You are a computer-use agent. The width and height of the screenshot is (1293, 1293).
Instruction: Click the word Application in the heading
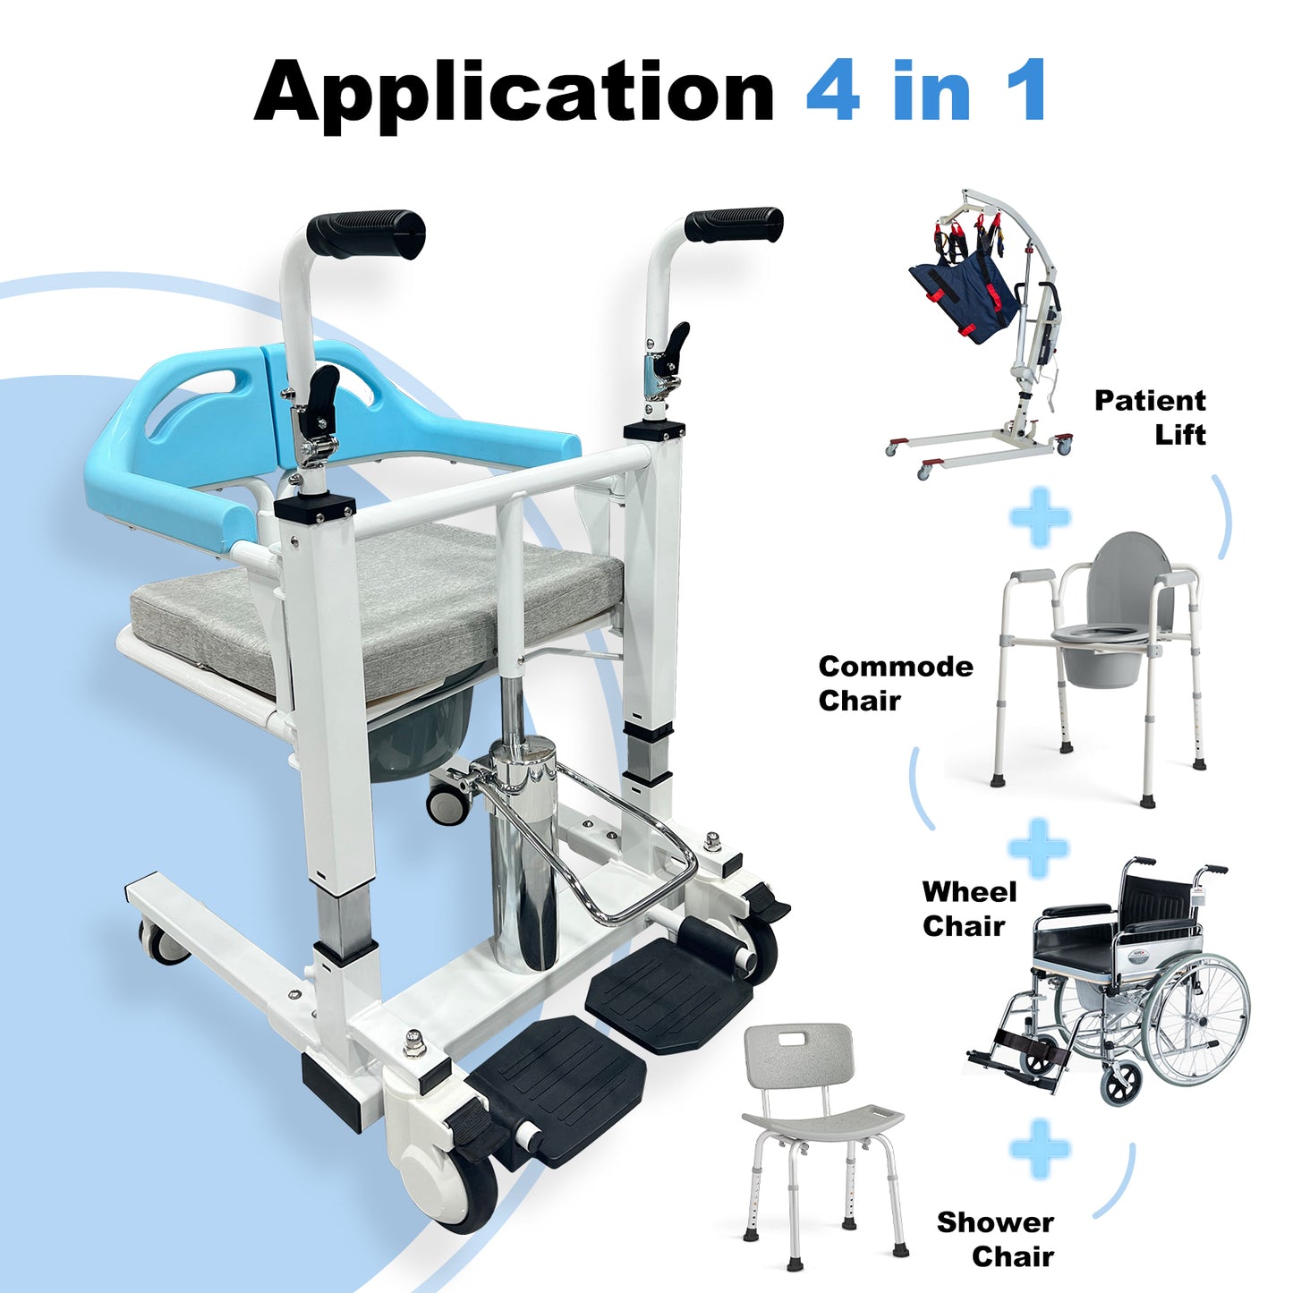click(514, 93)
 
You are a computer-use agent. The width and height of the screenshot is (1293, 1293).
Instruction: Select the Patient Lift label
click(1151, 417)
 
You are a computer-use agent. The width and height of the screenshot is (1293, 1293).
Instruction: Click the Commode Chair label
click(895, 683)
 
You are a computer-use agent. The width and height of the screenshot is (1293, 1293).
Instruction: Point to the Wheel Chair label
click(968, 908)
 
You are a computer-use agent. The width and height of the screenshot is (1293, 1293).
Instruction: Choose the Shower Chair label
click(995, 1238)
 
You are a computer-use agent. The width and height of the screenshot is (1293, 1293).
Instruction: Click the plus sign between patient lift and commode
click(1039, 517)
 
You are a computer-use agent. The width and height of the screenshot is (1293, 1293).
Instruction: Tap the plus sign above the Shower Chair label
click(1039, 1147)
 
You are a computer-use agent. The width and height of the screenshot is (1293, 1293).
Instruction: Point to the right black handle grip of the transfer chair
click(734, 224)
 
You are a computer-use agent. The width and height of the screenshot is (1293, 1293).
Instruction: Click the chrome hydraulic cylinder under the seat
click(523, 859)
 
